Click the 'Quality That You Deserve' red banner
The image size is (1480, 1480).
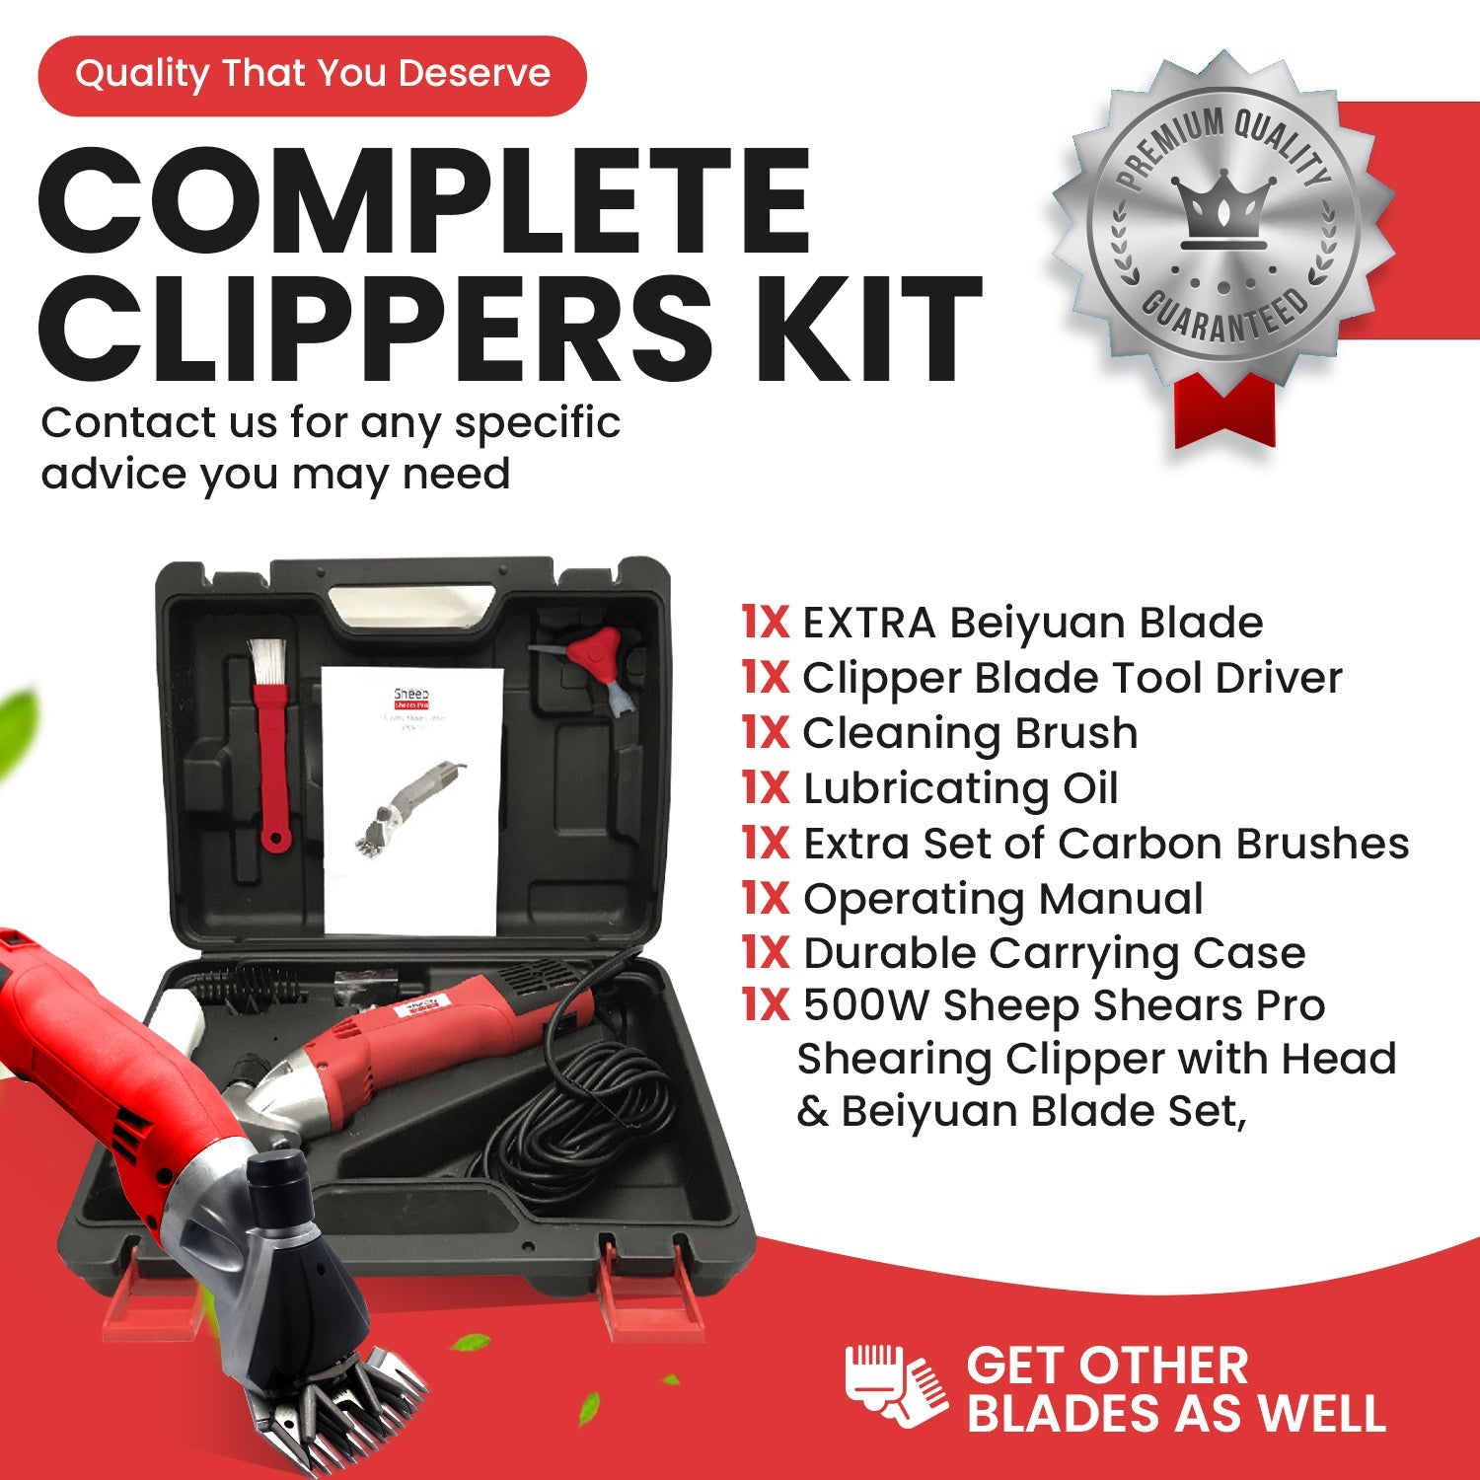click(312, 76)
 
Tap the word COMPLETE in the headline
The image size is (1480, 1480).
click(424, 202)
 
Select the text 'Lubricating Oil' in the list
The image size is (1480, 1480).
click(960, 789)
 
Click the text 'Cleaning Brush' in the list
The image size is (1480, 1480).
click(970, 733)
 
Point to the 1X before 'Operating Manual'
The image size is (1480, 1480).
click(766, 899)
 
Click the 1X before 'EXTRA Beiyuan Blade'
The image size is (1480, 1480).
click(766, 623)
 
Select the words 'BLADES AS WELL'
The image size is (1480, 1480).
click(1176, 1413)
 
